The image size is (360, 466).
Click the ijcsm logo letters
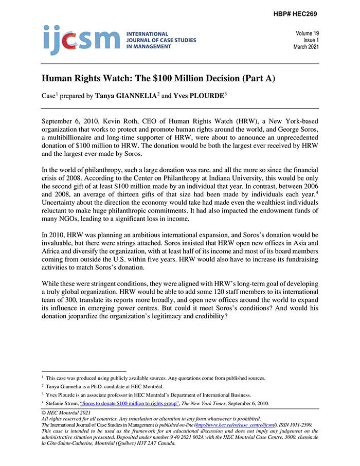coord(81,39)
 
